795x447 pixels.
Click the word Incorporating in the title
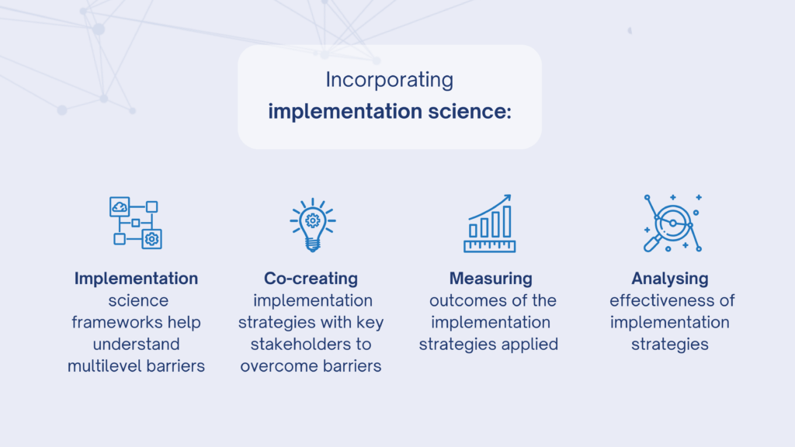pyautogui.click(x=390, y=80)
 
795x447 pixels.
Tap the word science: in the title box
pyautogui.click(x=470, y=111)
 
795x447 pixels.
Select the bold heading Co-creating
pyautogui.click(x=311, y=279)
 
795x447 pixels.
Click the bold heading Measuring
pyautogui.click(x=491, y=279)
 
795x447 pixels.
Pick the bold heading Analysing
pyautogui.click(x=670, y=279)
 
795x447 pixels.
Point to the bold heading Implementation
pyautogui.click(x=136, y=279)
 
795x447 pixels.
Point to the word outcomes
pyautogui.click(x=461, y=300)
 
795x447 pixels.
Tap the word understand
pyautogui.click(x=136, y=344)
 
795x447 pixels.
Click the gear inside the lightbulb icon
pyautogui.click(x=313, y=220)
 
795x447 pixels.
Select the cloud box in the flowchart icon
pyautogui.click(x=120, y=206)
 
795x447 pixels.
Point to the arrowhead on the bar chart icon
pyautogui.click(x=506, y=199)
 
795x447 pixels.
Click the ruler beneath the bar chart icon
pyautogui.click(x=490, y=246)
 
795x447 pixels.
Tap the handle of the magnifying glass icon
pyautogui.click(x=651, y=244)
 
